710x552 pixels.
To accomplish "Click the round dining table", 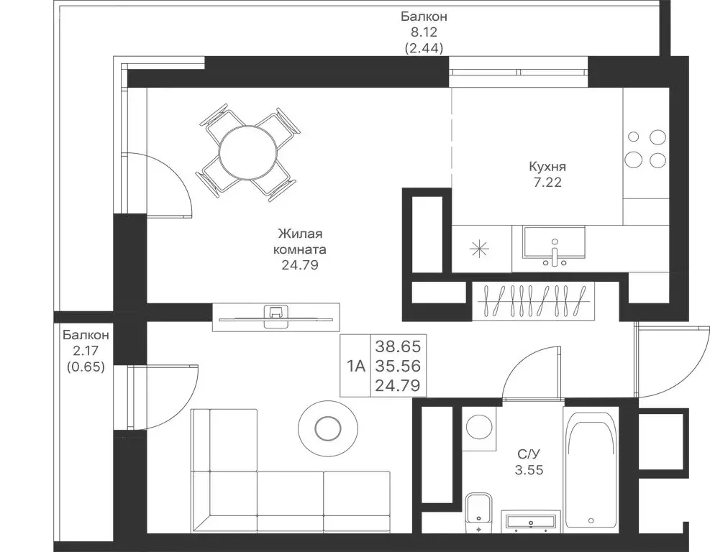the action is tap(247, 152).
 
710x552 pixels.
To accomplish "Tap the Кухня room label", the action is tap(547, 167).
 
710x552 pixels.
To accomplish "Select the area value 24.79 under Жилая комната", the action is tap(300, 265).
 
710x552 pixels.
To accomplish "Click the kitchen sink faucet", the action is tap(555, 254).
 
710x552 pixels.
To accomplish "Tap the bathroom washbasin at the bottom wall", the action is tap(531, 520).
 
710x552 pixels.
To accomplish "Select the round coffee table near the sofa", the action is tap(327, 427).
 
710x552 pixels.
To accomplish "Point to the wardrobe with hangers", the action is tap(533, 301).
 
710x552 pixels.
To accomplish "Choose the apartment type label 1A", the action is tap(356, 366).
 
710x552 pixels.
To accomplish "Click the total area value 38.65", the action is tap(398, 346).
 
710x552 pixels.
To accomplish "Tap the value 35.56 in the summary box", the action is tap(398, 366).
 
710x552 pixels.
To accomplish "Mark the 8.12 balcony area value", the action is tap(424, 32).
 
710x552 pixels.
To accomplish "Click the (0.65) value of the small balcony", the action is tap(86, 367).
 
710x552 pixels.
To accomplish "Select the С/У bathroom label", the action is tap(529, 454).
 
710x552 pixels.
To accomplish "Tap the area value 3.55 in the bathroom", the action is tap(529, 470).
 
